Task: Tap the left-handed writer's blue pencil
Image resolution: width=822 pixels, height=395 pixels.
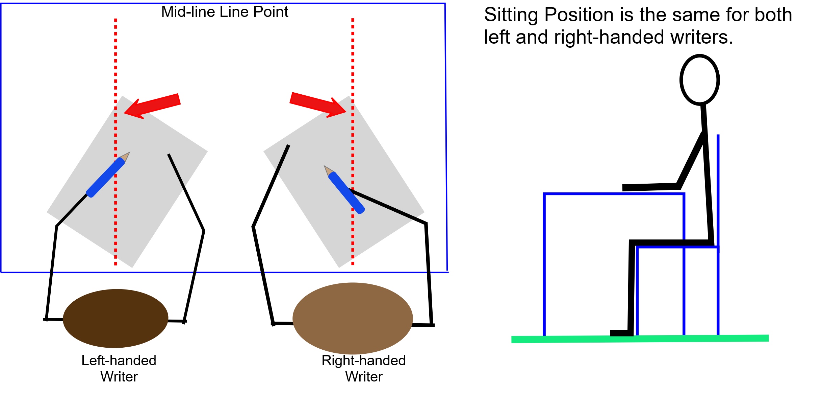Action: click(105, 177)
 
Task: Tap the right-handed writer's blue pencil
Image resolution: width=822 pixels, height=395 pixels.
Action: click(346, 193)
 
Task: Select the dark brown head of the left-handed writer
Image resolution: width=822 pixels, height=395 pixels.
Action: click(115, 318)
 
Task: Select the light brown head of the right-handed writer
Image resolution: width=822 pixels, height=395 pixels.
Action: click(353, 318)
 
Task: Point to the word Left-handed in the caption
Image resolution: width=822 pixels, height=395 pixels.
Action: click(119, 361)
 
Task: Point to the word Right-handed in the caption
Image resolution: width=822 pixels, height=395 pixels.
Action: click(363, 361)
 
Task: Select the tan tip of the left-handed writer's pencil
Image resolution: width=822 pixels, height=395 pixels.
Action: click(125, 157)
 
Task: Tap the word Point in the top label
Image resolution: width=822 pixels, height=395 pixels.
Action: click(271, 12)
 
